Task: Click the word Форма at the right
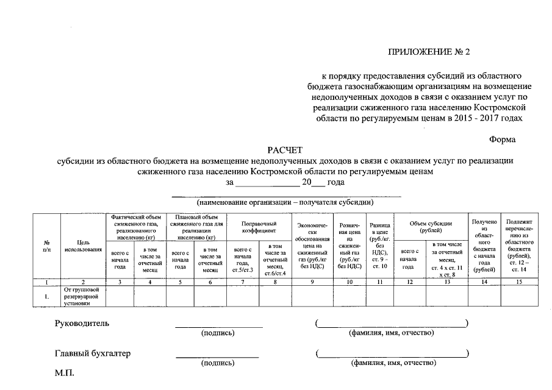[x=503, y=139]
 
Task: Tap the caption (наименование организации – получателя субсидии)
[x=285, y=202]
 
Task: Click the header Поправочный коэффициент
[x=259, y=227]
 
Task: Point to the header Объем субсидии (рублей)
[x=431, y=227]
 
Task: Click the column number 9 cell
[x=312, y=281]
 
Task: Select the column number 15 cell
[x=519, y=281]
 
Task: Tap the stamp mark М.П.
[x=64, y=372]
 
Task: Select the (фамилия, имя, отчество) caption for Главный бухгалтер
[x=392, y=363]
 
